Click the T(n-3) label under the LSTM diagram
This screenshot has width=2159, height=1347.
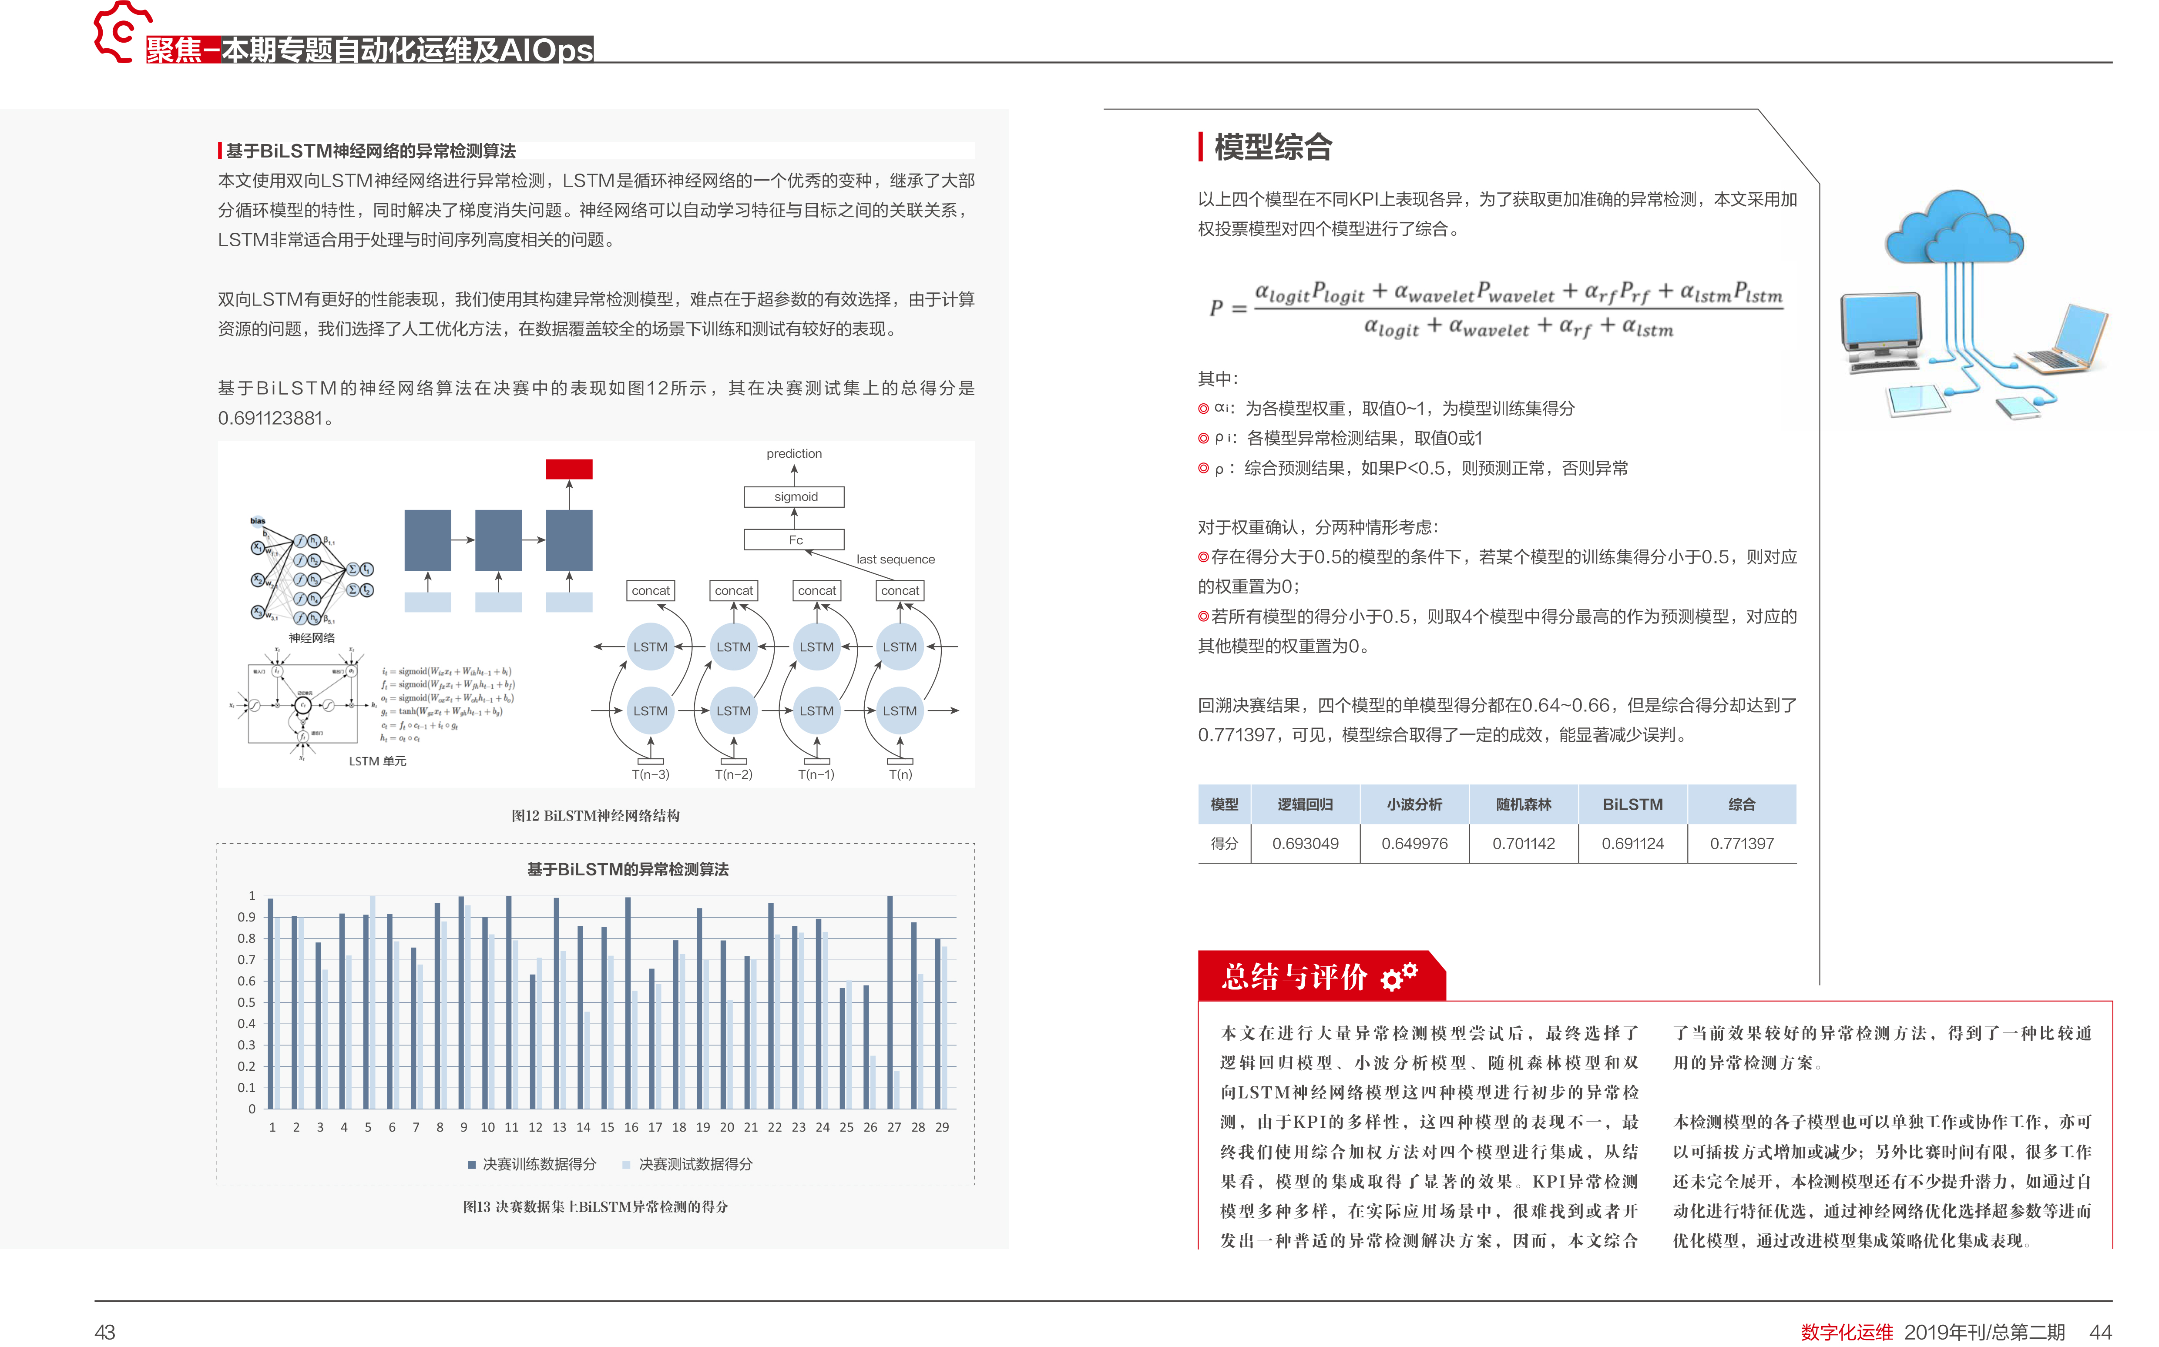pos(651,774)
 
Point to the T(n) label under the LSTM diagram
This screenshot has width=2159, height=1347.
pos(900,774)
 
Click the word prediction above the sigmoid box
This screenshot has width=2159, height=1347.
pos(794,453)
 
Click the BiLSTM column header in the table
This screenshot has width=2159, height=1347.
pos(1632,804)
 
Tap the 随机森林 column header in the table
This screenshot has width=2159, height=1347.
pos(1523,804)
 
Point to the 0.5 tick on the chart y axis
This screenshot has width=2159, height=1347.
pos(246,1002)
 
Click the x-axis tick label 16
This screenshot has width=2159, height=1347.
pos(631,1127)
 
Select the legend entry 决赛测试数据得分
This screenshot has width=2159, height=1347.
pos(694,1164)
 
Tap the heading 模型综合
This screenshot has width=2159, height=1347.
pos(1273,147)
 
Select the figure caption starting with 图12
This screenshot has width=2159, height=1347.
pos(595,815)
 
